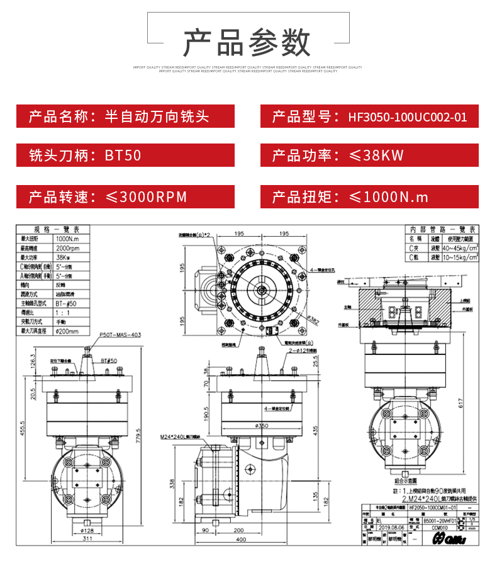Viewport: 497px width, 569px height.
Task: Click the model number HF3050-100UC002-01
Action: [407, 117]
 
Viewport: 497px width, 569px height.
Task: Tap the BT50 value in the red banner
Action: [123, 155]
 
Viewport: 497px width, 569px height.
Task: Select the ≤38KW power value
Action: [376, 155]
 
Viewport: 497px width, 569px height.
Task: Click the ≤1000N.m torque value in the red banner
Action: [388, 197]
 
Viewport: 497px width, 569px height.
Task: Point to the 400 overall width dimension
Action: [241, 539]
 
